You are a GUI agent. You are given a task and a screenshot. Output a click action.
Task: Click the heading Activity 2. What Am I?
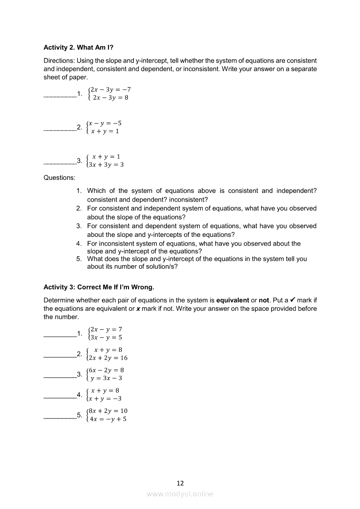(x=78, y=47)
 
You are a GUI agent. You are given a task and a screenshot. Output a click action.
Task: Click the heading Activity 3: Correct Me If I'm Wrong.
(x=99, y=287)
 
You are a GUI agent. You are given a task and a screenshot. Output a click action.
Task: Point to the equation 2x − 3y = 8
(x=111, y=98)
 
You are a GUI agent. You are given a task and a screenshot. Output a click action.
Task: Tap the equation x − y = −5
(x=105, y=123)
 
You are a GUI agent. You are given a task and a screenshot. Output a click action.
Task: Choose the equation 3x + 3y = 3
(x=106, y=165)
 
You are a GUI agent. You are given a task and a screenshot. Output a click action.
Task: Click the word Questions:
(x=59, y=178)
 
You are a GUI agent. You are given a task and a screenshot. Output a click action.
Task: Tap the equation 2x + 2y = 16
(x=109, y=357)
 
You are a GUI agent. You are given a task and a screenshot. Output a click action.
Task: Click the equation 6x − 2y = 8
(x=107, y=370)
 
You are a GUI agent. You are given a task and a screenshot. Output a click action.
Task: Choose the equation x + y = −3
(x=105, y=398)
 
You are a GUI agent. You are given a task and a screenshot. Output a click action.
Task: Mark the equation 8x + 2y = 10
(x=109, y=411)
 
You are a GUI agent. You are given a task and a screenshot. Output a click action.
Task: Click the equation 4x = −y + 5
(x=108, y=419)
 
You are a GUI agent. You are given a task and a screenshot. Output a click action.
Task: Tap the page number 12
(x=180, y=483)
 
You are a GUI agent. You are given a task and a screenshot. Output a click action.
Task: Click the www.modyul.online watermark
(x=180, y=494)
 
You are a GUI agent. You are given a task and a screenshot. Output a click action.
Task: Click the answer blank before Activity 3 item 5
(x=60, y=418)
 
